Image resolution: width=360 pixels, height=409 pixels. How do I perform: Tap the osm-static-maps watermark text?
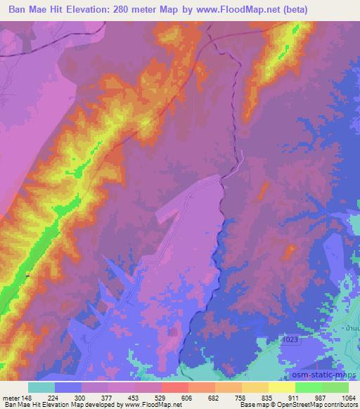(x=329, y=373)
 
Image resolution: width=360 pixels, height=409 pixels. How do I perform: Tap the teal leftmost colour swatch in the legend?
(x=41, y=387)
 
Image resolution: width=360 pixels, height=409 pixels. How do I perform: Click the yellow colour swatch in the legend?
(x=281, y=387)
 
